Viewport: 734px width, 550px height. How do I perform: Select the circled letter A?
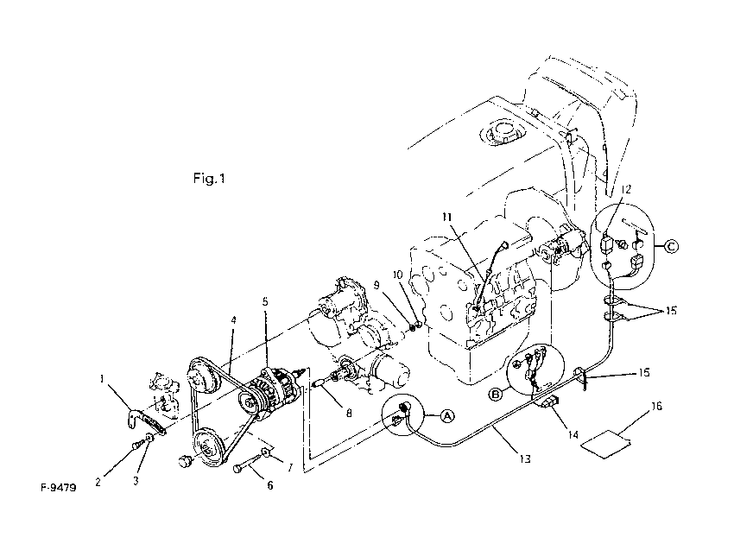446,415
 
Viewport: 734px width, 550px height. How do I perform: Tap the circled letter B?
495,395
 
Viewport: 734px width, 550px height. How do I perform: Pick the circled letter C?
673,247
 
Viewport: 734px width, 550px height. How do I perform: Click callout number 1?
103,377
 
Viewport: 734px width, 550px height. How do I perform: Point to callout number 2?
98,483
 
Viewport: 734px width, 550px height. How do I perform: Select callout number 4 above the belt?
232,320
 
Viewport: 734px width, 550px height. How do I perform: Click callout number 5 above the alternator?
265,303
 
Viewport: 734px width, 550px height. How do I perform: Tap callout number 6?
269,485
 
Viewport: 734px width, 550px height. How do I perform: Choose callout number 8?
349,414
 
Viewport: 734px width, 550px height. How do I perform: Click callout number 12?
626,188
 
